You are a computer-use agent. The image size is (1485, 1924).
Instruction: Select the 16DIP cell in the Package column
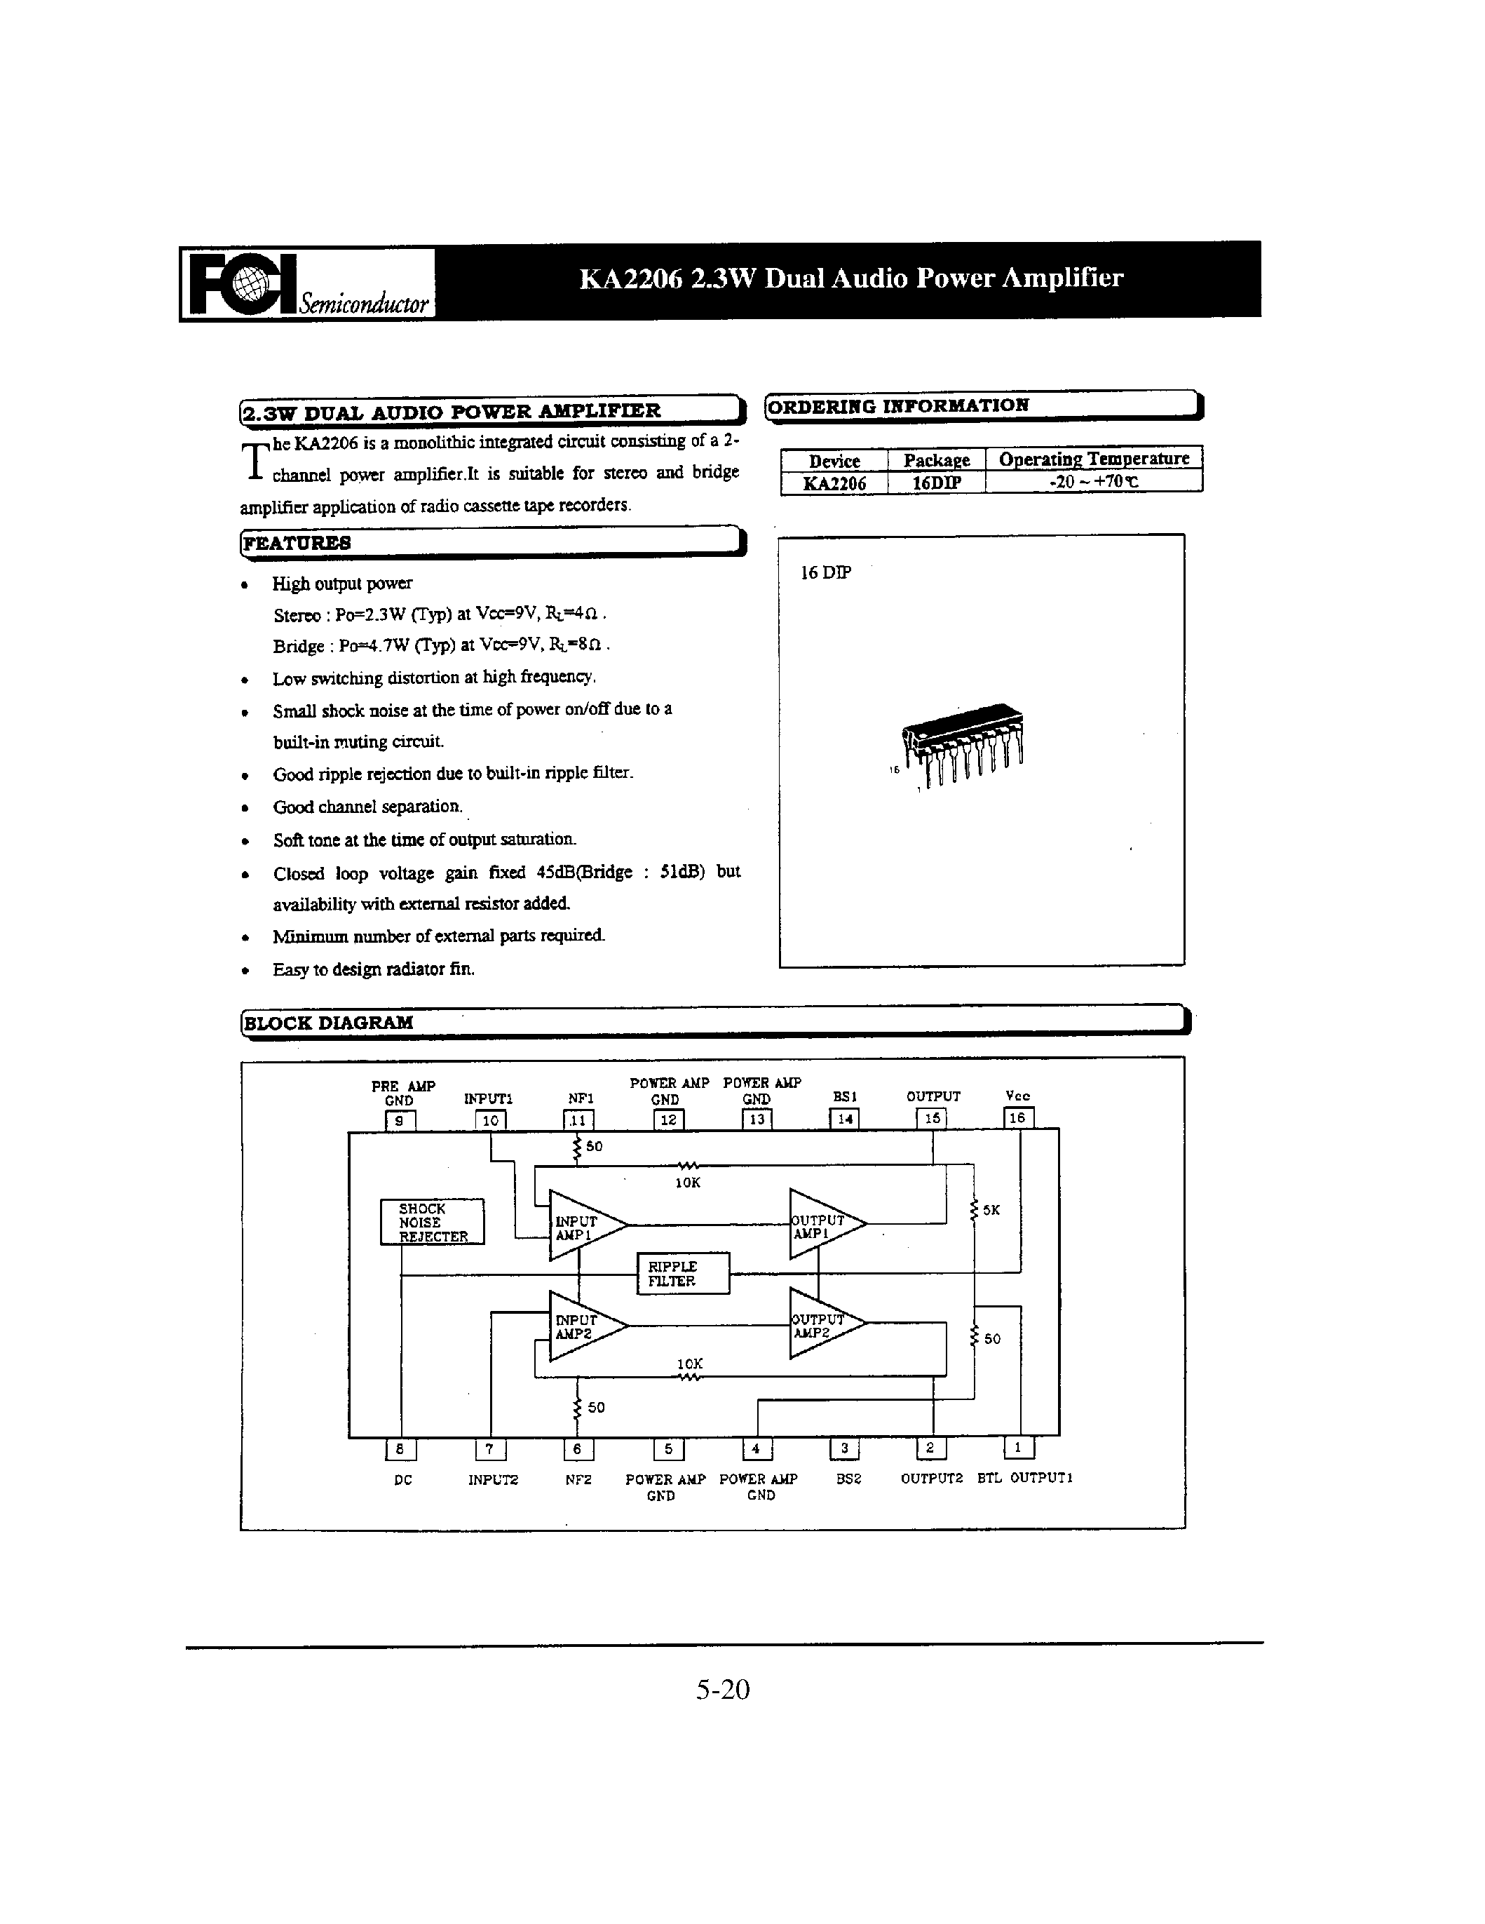(935, 483)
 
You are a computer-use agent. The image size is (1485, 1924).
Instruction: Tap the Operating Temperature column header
(1093, 458)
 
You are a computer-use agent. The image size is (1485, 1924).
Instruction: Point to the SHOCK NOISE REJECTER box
(432, 1222)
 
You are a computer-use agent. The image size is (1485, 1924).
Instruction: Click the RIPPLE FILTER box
(683, 1273)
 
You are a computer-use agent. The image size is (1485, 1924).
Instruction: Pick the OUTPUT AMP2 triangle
(821, 1324)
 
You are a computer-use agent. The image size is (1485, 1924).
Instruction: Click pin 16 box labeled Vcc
(1017, 1118)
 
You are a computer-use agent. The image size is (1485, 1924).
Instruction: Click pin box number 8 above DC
(401, 1448)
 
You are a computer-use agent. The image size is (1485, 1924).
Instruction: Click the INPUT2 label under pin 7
(492, 1480)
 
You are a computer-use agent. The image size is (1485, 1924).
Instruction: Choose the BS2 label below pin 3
(847, 1480)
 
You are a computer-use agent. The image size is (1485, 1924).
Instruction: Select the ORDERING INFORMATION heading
(897, 406)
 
